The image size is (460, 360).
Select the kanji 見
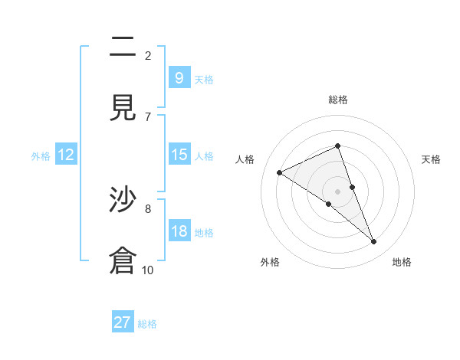[x=123, y=108]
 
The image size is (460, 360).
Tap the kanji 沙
[x=123, y=201]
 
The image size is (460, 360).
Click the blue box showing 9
[x=179, y=77]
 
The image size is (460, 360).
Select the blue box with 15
[x=179, y=155]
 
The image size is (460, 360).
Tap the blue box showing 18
[x=179, y=231]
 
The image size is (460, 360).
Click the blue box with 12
[x=66, y=155]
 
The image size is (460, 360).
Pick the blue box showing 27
[x=123, y=322]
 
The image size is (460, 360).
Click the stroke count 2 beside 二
[x=147, y=55]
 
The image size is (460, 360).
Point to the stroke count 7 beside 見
[x=147, y=116]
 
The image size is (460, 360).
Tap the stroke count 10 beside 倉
[x=147, y=270]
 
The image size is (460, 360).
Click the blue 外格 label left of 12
[x=41, y=155]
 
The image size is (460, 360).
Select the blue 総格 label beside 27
[x=147, y=324]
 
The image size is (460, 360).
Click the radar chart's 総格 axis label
[x=337, y=100]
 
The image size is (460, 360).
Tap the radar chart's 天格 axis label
[x=431, y=159]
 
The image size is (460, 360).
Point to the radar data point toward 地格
[x=374, y=242]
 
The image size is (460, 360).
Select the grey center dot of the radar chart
[x=337, y=191]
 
